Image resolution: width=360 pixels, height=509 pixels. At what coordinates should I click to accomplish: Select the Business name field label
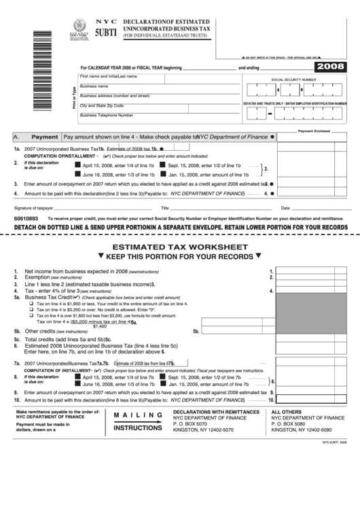pos(94,86)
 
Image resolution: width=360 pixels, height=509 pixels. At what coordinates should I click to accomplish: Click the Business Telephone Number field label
pos(106,115)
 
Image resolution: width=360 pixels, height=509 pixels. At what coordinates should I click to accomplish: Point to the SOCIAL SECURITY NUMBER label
pos(293,80)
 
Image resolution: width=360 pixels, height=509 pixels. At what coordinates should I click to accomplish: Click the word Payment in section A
pos(44,137)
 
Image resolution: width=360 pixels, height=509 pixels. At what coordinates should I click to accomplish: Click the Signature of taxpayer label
pos(34,207)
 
